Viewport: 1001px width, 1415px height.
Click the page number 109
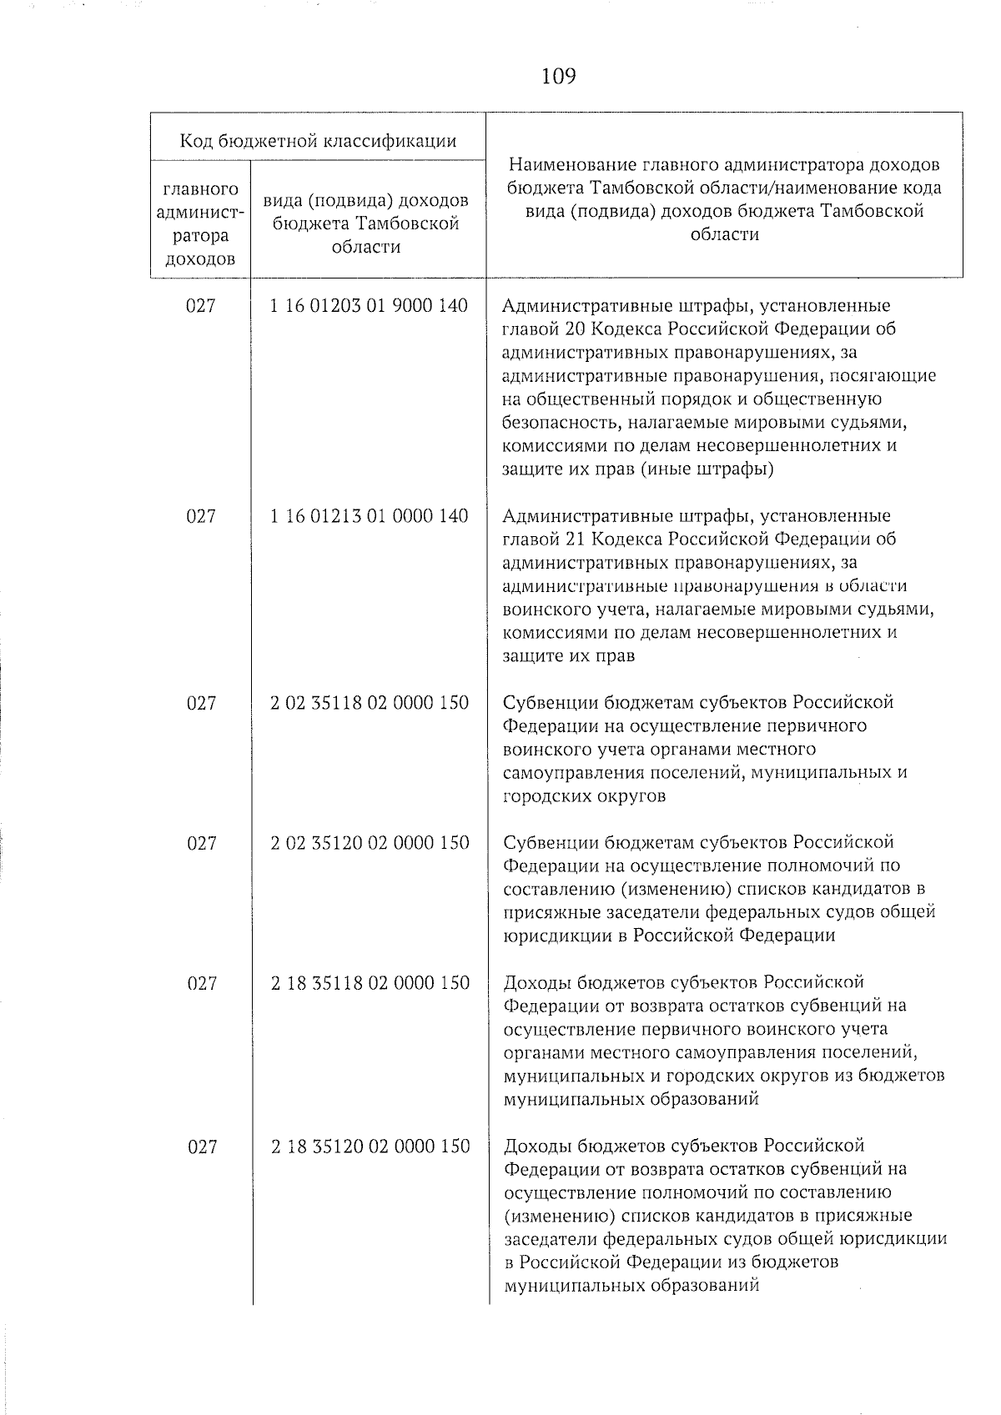[x=558, y=77]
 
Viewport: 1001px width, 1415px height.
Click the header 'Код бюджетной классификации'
[x=318, y=140]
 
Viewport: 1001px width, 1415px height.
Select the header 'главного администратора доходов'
[x=200, y=224]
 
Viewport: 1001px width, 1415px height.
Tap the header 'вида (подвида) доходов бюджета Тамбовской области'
[x=366, y=223]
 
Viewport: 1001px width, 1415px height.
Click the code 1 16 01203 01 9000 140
[x=369, y=306]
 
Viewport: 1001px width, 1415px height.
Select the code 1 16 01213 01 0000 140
[x=369, y=516]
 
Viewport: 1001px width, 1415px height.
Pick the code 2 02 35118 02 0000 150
[x=370, y=703]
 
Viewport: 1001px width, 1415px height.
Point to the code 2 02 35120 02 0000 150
[x=370, y=843]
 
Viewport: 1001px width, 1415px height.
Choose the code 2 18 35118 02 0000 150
[x=370, y=983]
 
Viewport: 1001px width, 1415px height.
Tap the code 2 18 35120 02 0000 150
[x=370, y=1147]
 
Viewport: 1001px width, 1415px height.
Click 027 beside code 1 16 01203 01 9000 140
[x=201, y=306]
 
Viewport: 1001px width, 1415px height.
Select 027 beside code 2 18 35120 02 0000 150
[x=201, y=1147]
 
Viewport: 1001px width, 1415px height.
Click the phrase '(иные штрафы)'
[x=707, y=469]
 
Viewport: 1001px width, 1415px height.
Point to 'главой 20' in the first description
[x=541, y=329]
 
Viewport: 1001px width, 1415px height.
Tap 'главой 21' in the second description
[x=541, y=539]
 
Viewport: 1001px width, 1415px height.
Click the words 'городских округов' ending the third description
[x=584, y=795]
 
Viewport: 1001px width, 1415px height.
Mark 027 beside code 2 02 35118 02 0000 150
[x=201, y=703]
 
